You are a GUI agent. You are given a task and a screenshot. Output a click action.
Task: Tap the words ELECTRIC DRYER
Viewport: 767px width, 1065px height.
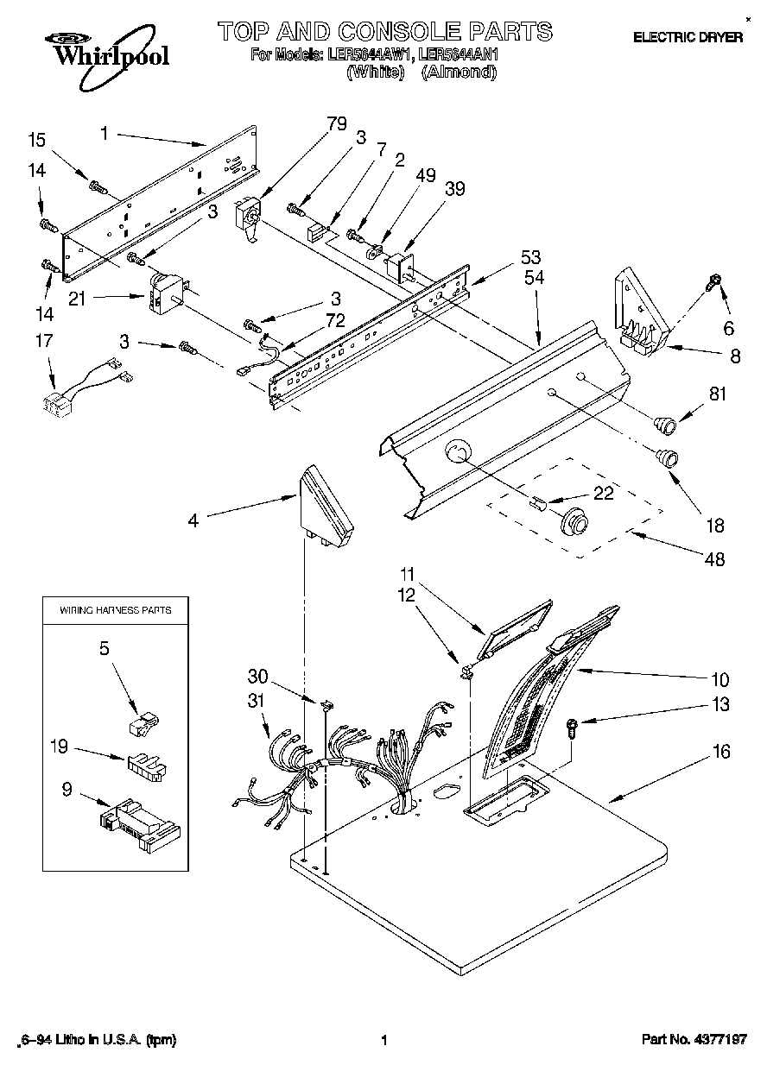(x=688, y=37)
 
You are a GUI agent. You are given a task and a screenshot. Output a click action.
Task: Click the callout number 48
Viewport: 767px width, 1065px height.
(x=713, y=559)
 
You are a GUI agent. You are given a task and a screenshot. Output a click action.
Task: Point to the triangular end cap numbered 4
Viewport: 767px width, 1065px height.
(x=326, y=510)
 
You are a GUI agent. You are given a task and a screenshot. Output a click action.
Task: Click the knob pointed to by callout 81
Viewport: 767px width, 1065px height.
(x=664, y=423)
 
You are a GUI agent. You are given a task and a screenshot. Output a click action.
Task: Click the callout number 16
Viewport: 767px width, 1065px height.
(x=720, y=753)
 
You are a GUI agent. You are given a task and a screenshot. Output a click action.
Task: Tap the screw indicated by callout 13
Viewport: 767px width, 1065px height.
(x=571, y=727)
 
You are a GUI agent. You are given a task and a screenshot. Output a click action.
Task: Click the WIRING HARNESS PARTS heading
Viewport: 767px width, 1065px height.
(x=115, y=610)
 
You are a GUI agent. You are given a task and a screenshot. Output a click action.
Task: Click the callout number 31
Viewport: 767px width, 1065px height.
(x=255, y=702)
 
